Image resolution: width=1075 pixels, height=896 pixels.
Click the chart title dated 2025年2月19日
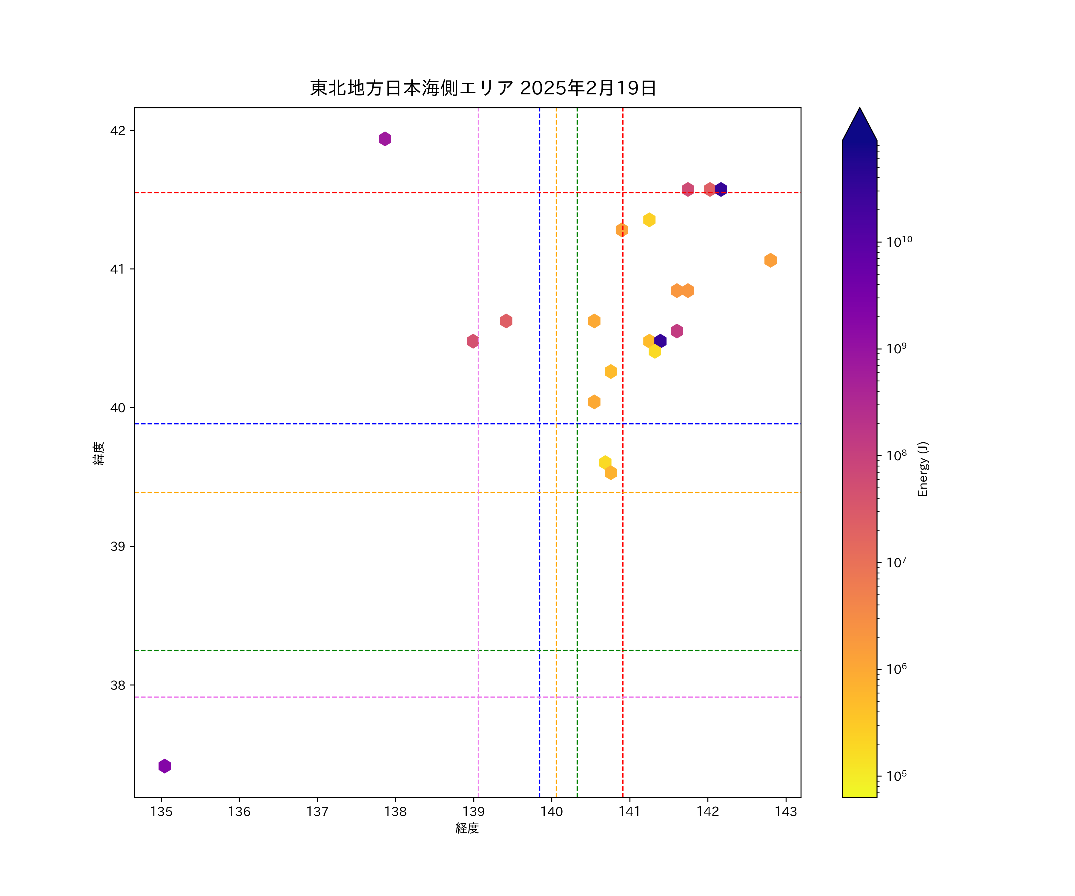click(x=483, y=88)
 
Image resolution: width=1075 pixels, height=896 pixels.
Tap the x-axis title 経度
click(x=467, y=828)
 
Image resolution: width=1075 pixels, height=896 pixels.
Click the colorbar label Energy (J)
click(x=922, y=469)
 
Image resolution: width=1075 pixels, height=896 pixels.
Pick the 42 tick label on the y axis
click(x=118, y=131)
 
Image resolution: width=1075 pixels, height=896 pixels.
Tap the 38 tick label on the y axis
click(x=118, y=685)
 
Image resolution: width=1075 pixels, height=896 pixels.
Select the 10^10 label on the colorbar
click(x=899, y=242)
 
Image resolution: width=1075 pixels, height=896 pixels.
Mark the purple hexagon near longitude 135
click(x=164, y=766)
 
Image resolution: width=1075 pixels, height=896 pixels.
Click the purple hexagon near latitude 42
click(x=385, y=139)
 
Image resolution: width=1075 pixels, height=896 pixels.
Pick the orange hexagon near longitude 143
click(x=770, y=260)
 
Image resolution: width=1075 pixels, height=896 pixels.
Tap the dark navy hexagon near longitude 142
click(x=721, y=189)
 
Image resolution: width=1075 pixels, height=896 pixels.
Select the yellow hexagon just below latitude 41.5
click(x=649, y=220)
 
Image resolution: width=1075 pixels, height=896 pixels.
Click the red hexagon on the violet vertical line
click(x=473, y=341)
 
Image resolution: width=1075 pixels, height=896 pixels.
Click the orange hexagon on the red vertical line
click(x=622, y=230)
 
